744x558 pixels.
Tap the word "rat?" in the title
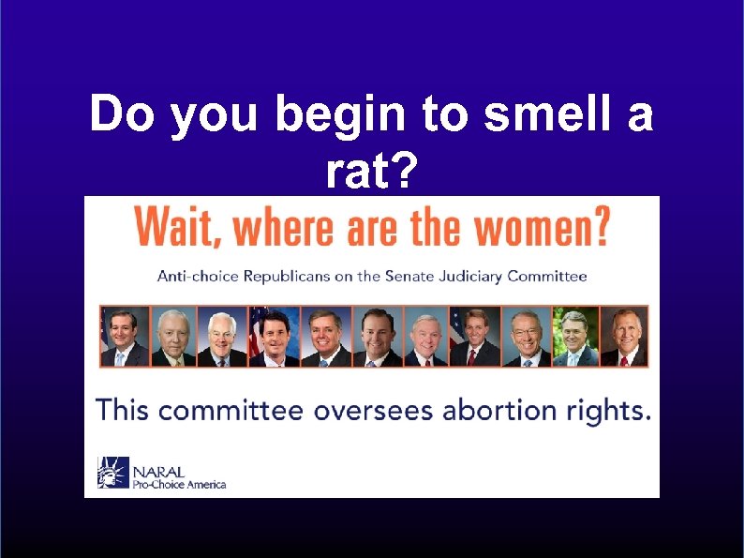pos(372,171)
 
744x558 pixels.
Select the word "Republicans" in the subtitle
pos(283,277)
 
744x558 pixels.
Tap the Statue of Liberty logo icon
pos(113,472)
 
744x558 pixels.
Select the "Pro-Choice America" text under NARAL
pos(178,484)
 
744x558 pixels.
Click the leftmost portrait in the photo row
pos(126,337)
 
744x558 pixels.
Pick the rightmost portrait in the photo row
pos(623,337)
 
